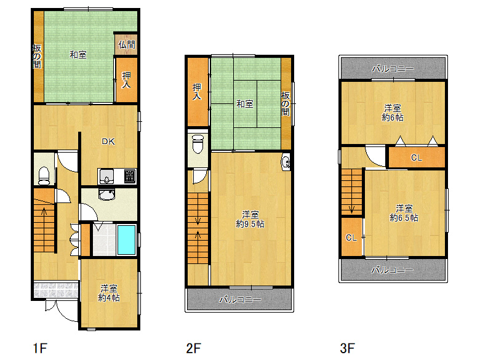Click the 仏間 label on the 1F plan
(127, 45)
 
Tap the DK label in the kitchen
(108, 142)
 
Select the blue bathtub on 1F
(126, 240)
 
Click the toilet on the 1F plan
(44, 175)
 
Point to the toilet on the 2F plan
(198, 144)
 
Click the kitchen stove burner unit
(130, 177)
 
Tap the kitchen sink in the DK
(106, 177)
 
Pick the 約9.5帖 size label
(250, 224)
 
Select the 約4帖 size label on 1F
(109, 298)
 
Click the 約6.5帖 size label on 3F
(404, 218)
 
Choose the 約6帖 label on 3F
(393, 118)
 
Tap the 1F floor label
(40, 348)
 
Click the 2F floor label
(193, 348)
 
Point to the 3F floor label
(347, 348)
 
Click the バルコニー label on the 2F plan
(240, 300)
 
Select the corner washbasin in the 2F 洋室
(286, 161)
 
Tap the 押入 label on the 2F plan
(197, 92)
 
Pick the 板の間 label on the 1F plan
(37, 57)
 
